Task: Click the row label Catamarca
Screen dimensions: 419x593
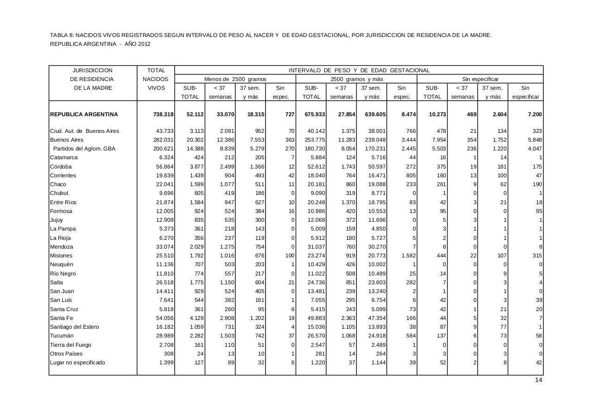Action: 64,157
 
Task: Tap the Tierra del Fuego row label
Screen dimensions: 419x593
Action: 70,345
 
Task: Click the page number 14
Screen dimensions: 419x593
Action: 538,380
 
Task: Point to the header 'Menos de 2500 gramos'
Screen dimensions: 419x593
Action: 235,79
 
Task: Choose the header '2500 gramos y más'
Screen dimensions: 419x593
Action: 357,79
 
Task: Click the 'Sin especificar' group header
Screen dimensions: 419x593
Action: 480,79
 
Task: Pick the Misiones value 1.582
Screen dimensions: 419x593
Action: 407,256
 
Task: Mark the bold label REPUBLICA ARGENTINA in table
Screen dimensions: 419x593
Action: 84,114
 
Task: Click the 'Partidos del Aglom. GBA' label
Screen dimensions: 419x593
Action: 84,149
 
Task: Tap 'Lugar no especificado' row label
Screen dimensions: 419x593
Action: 77,363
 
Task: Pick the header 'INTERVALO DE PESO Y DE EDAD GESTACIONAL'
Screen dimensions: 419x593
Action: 359,70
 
